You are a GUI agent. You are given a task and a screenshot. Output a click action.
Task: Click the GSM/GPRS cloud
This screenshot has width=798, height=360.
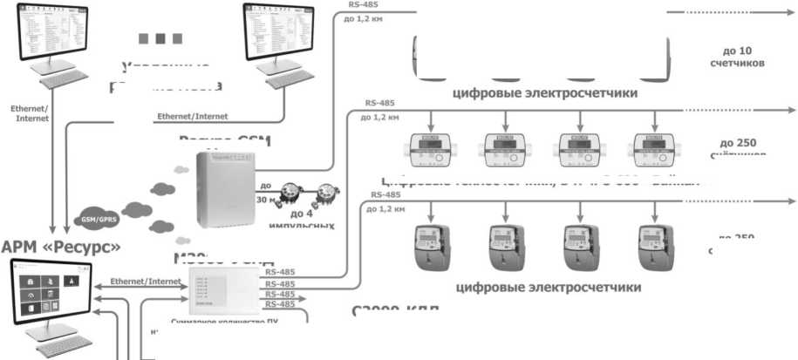click(99, 216)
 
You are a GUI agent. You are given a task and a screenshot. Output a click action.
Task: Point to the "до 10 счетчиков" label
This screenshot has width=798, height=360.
click(737, 58)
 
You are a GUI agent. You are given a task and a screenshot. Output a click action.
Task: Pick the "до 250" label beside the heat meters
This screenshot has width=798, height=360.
click(738, 143)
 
